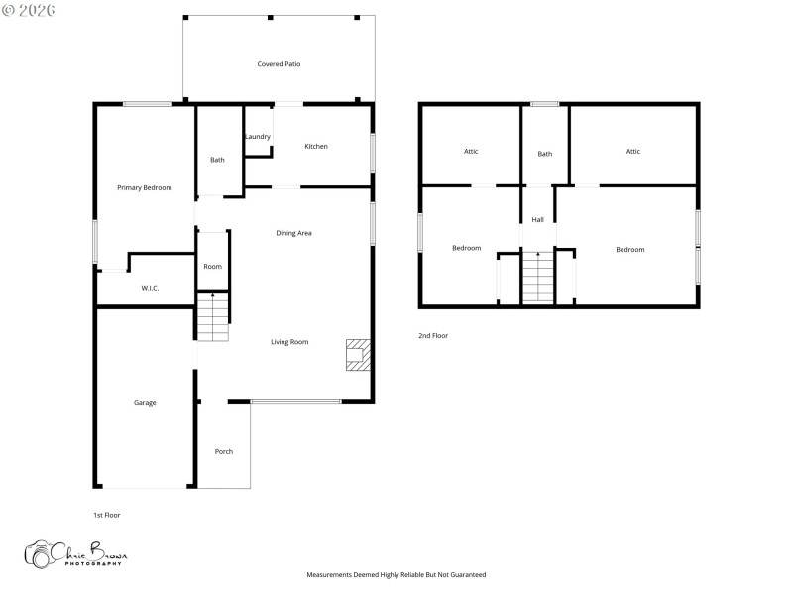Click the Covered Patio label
(x=279, y=64)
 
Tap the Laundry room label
(x=258, y=136)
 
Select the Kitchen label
(x=316, y=147)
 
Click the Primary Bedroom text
(x=145, y=187)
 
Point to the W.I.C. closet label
(x=150, y=288)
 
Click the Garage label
(x=145, y=402)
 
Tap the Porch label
(x=224, y=451)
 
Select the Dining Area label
(x=294, y=233)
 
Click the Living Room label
(x=289, y=342)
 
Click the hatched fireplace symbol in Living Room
(x=358, y=355)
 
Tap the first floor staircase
(x=212, y=316)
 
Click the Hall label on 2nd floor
(x=537, y=220)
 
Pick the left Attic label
(x=471, y=151)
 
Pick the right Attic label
(x=633, y=151)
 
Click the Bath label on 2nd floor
(x=545, y=154)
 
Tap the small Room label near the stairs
(x=212, y=266)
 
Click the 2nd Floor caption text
(x=433, y=336)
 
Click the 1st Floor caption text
(x=106, y=515)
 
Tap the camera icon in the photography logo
(x=41, y=554)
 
